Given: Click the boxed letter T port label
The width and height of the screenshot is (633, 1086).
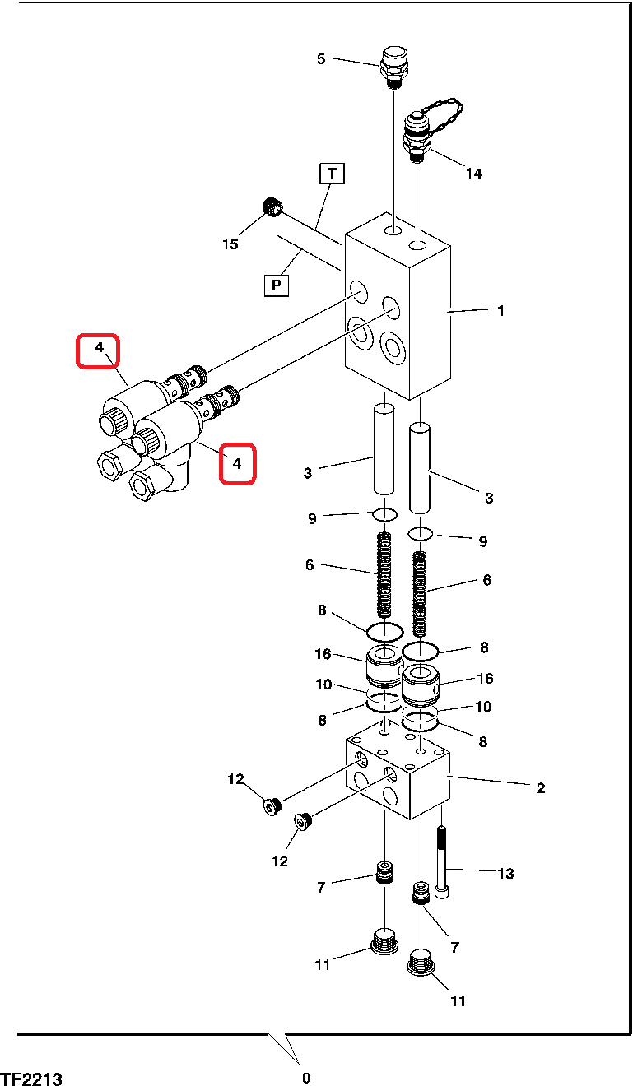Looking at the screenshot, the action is pos(333,174).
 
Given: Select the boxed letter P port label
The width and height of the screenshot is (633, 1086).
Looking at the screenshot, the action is pos(277,285).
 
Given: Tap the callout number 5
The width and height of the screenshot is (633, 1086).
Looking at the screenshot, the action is pos(321,59).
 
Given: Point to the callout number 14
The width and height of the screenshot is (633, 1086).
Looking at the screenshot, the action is pos(474,173).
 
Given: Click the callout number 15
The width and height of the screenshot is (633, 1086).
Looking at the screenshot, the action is pos(230,244).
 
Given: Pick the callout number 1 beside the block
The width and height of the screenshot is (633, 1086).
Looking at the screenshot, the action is pos(501,310).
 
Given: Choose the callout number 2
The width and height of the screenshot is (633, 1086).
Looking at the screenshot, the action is pos(541,788).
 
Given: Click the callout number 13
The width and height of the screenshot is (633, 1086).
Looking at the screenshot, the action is pos(505,873).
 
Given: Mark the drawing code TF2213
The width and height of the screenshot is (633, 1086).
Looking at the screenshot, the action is pos(31,1079).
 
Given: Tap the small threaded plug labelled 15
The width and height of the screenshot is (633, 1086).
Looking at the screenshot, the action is pos(272,207).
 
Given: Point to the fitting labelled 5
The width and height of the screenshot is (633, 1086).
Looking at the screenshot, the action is pos(393,67).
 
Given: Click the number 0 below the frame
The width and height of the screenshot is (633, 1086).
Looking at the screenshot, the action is pos(306,1078).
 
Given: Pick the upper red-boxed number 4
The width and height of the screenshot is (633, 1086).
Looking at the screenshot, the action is pos(100,347).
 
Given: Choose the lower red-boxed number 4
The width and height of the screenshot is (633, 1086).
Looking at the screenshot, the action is pos(237,464).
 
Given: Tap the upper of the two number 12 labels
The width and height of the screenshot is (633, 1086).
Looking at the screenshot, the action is pos(235,779).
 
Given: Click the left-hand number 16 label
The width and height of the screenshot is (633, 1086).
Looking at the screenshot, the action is pos(323,654).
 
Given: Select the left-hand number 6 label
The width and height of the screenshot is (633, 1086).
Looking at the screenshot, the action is pos(310,564).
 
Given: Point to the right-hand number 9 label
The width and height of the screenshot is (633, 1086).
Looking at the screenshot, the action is pos(483,541).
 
